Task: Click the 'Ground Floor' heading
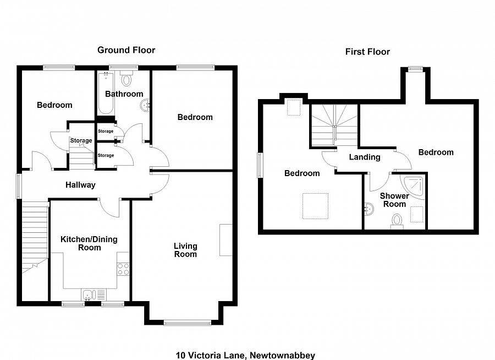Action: coord(126,50)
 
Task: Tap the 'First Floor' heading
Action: coord(367,52)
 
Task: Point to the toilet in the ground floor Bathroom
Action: coord(127,79)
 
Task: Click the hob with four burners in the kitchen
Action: coord(123,269)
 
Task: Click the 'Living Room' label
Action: coord(185,250)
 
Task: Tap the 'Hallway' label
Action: coord(80,185)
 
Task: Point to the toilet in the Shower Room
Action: coord(396,221)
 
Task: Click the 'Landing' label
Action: coord(365,157)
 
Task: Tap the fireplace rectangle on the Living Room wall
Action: coord(226,240)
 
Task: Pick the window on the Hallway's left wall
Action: coord(19,187)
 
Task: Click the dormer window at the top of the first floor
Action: coord(415,69)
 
